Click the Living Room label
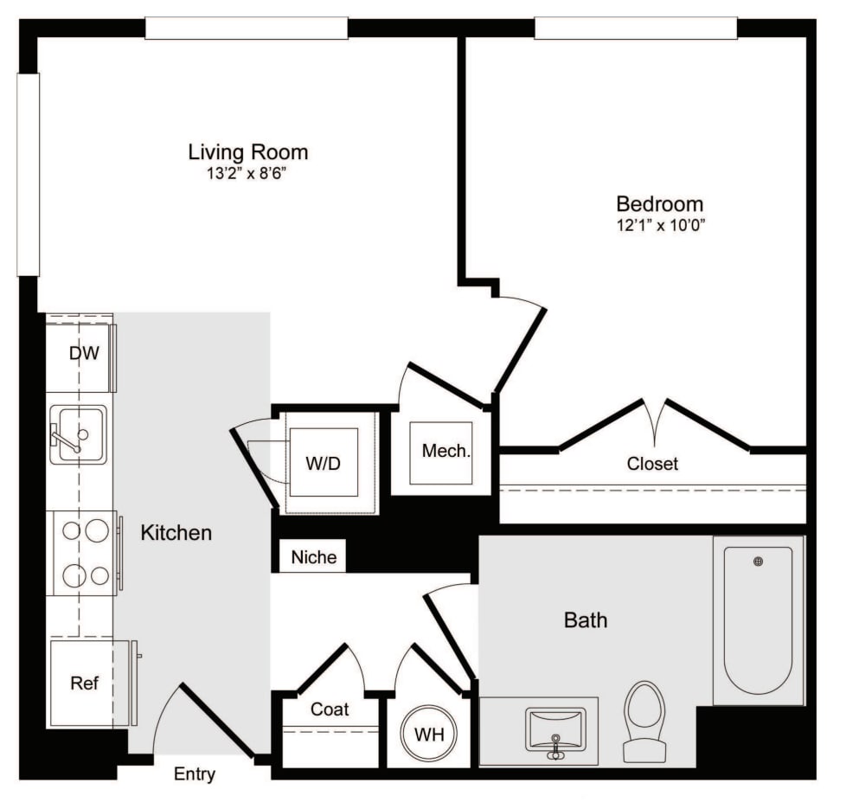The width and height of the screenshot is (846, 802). click(248, 153)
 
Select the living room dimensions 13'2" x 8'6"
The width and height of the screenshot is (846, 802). click(248, 173)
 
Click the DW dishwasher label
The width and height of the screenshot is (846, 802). click(84, 353)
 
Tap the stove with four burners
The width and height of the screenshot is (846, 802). click(84, 553)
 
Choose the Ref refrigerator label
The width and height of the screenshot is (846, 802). click(84, 683)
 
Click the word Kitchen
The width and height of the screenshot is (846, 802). click(176, 532)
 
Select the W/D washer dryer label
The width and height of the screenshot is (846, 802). click(323, 463)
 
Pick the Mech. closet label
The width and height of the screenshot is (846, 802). click(446, 451)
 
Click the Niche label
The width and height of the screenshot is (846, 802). click(313, 557)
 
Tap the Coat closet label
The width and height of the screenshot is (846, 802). click(330, 709)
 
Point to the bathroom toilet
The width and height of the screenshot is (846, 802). click(644, 720)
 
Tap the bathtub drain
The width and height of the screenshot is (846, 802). click(759, 561)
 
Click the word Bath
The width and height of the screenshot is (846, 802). click(586, 620)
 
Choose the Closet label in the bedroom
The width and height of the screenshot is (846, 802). click(652, 464)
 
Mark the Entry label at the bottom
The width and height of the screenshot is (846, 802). click(195, 774)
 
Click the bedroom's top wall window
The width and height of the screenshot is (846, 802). click(636, 28)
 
